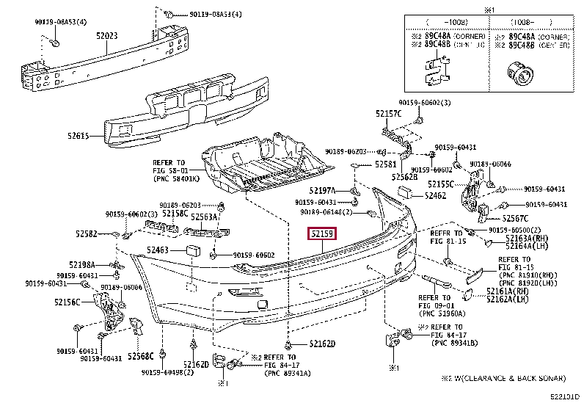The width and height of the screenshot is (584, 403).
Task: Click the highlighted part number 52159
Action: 322,235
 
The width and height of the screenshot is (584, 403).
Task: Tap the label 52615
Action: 78,136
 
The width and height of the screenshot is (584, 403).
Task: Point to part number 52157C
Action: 389,114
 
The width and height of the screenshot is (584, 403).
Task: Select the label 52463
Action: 158,250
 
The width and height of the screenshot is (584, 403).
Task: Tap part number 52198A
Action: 82,264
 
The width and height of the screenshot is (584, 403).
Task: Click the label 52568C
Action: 140,357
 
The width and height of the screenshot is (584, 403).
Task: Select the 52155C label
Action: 442,184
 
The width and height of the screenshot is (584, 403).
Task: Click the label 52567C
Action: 516,218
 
